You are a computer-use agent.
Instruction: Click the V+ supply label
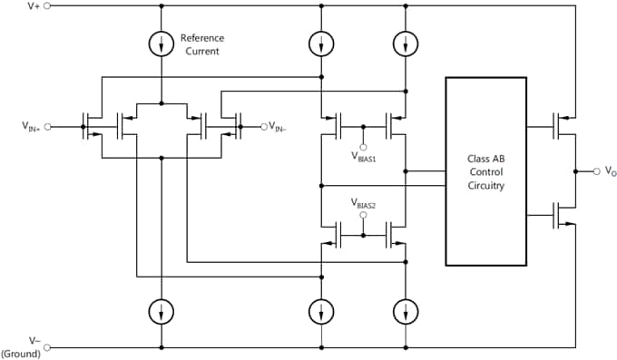click(x=34, y=5)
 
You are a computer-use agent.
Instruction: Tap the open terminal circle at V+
click(x=47, y=5)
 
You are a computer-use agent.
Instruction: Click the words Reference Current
click(x=201, y=44)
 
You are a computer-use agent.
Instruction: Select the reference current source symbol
click(x=162, y=44)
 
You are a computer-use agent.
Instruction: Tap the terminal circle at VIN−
click(x=264, y=126)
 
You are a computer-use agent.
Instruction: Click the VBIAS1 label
click(x=363, y=156)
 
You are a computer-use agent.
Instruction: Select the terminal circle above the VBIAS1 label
click(x=363, y=145)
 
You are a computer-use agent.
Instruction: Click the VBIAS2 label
click(x=363, y=205)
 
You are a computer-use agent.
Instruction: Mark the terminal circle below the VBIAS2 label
click(x=363, y=216)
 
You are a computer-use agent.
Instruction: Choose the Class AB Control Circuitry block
click(x=485, y=171)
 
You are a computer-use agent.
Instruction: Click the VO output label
click(x=611, y=171)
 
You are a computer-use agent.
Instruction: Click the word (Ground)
click(x=22, y=354)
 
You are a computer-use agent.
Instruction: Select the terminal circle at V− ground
click(x=47, y=346)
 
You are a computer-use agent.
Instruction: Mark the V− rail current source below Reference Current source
click(x=162, y=311)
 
